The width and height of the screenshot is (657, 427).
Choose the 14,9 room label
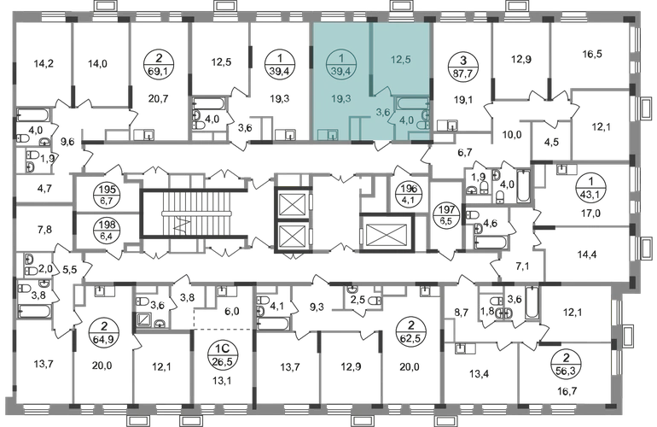(96, 62)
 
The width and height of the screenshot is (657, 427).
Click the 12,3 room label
(223, 61)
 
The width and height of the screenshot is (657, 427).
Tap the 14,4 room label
(585, 254)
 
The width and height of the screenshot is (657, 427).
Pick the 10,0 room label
(511, 135)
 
